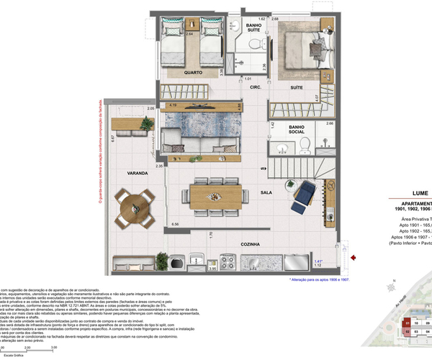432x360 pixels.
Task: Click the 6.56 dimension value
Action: click(x=176, y=224)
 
